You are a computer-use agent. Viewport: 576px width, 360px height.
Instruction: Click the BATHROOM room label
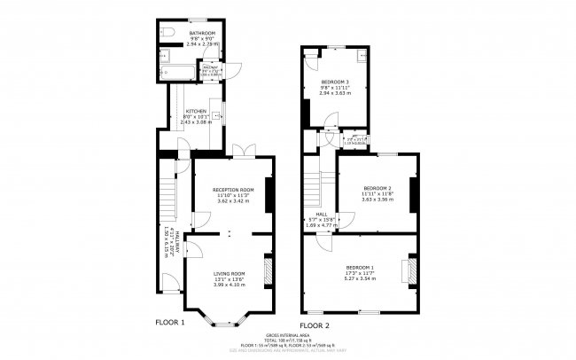(189, 34)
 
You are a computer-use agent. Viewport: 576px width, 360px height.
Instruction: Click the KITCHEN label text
(196, 112)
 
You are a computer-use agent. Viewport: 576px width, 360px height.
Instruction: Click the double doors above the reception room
(237, 150)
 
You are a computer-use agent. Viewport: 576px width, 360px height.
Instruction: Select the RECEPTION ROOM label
(233, 190)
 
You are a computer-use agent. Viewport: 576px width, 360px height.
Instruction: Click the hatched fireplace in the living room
(267, 271)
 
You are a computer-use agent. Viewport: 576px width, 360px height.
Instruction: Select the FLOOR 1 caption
(169, 323)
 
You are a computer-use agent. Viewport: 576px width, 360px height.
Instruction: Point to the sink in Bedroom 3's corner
(362, 53)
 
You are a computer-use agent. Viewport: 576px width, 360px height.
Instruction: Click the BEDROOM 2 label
(378, 188)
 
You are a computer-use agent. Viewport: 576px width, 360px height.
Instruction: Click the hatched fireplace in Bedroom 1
(410, 271)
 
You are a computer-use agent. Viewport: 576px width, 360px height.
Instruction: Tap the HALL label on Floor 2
(323, 214)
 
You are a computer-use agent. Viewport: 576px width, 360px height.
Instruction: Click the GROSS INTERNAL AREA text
(287, 335)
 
